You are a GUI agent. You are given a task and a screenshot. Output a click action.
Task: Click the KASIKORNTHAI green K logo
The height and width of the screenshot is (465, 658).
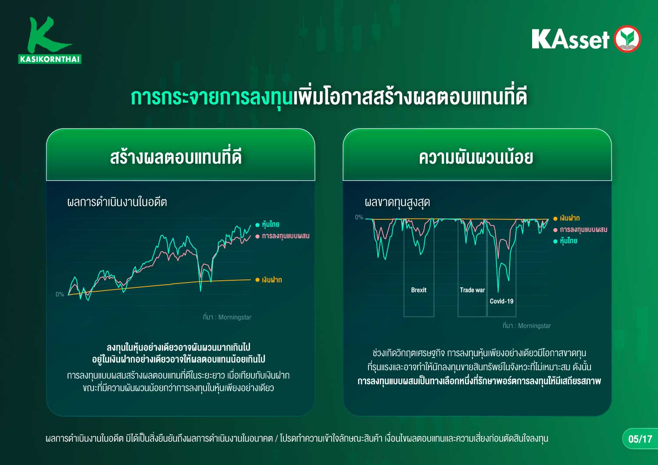pyautogui.click(x=49, y=40)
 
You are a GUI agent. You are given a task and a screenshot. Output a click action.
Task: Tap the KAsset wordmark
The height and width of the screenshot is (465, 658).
pyautogui.click(x=570, y=39)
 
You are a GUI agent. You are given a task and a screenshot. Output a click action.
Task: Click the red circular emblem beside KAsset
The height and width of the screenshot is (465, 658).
pyautogui.click(x=627, y=39)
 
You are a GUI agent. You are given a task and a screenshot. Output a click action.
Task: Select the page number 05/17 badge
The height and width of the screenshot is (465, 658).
pyautogui.click(x=640, y=439)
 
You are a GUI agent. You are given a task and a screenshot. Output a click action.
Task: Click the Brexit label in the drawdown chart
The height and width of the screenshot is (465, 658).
pyautogui.click(x=418, y=290)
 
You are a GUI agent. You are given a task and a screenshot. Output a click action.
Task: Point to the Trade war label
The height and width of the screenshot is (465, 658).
pyautogui.click(x=472, y=290)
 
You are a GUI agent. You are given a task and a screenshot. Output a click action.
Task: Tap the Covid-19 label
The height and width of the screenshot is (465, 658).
pyautogui.click(x=501, y=301)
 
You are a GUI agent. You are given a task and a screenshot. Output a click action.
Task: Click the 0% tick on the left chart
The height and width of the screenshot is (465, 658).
pyautogui.click(x=60, y=294)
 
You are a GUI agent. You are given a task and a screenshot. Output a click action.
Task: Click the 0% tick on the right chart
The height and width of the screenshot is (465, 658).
pyautogui.click(x=359, y=217)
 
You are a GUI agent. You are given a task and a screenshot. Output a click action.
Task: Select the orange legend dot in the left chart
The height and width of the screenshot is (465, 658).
pyautogui.click(x=257, y=279)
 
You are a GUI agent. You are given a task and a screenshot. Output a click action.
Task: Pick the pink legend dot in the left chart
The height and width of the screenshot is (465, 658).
pyautogui.click(x=257, y=236)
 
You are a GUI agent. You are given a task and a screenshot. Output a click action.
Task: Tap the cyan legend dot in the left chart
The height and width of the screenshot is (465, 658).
pyautogui.click(x=257, y=225)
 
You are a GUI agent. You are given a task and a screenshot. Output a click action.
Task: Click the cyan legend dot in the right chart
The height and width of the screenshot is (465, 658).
pyautogui.click(x=555, y=241)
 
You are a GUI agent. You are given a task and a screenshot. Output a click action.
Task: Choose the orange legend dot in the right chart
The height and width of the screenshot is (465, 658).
pyautogui.click(x=555, y=218)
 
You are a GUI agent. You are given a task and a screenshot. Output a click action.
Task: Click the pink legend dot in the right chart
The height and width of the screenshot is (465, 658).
pyautogui.click(x=555, y=230)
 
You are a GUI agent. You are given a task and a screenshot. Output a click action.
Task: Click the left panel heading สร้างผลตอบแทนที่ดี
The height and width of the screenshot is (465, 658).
pyautogui.click(x=176, y=157)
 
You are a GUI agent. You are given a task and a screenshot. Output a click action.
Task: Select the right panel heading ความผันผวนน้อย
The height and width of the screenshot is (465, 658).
pyautogui.click(x=476, y=157)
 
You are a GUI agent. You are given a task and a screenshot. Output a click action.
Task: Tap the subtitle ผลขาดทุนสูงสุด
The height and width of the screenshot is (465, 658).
pyautogui.click(x=397, y=203)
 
